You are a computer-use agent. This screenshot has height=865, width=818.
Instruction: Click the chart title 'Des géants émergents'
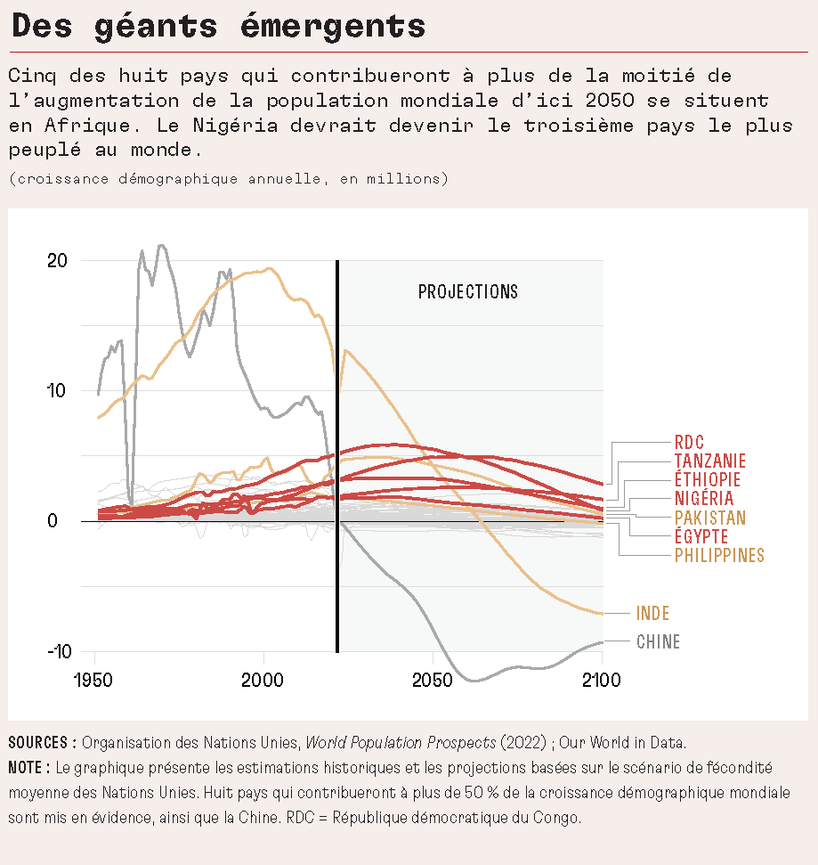click(x=219, y=26)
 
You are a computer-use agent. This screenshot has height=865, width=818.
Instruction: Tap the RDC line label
click(x=689, y=442)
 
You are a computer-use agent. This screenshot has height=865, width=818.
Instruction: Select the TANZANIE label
click(x=709, y=461)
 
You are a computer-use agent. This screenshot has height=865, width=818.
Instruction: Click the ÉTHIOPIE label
click(x=707, y=480)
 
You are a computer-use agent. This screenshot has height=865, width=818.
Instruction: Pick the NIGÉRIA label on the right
click(x=703, y=499)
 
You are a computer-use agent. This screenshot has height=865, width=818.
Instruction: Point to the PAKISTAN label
click(x=709, y=518)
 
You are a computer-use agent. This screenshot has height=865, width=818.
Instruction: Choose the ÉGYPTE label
click(x=701, y=536)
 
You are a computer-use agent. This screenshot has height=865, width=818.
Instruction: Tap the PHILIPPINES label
click(x=718, y=556)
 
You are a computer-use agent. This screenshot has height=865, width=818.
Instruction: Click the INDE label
click(x=652, y=613)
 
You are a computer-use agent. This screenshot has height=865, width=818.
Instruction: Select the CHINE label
click(x=658, y=641)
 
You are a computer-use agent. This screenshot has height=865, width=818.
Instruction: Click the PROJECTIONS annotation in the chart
click(x=467, y=292)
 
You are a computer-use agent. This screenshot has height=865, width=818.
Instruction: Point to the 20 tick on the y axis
click(x=58, y=261)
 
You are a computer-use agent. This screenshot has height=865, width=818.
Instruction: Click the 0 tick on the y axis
click(x=53, y=521)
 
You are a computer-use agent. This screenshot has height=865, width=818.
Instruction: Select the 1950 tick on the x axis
click(x=95, y=681)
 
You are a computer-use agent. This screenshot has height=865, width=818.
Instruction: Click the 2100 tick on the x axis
click(x=602, y=681)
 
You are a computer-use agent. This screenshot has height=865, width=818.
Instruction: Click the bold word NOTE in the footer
click(x=27, y=767)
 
